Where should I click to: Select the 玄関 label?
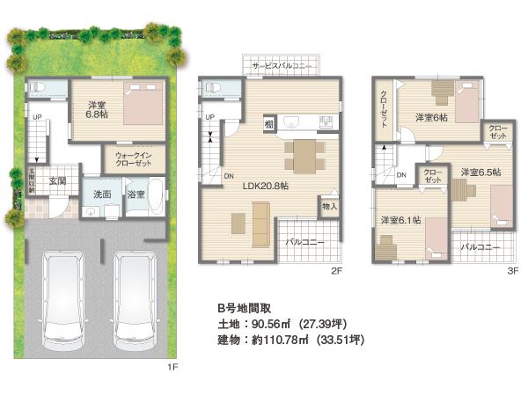pyautogui.click(x=57, y=181)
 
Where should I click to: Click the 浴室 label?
pyautogui.click(x=136, y=193)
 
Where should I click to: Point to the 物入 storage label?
pyautogui.click(x=329, y=207)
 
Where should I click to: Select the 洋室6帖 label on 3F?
pyautogui.click(x=431, y=117)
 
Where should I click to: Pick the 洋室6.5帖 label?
pyautogui.click(x=480, y=172)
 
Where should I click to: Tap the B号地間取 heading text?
pyautogui.click(x=246, y=309)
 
